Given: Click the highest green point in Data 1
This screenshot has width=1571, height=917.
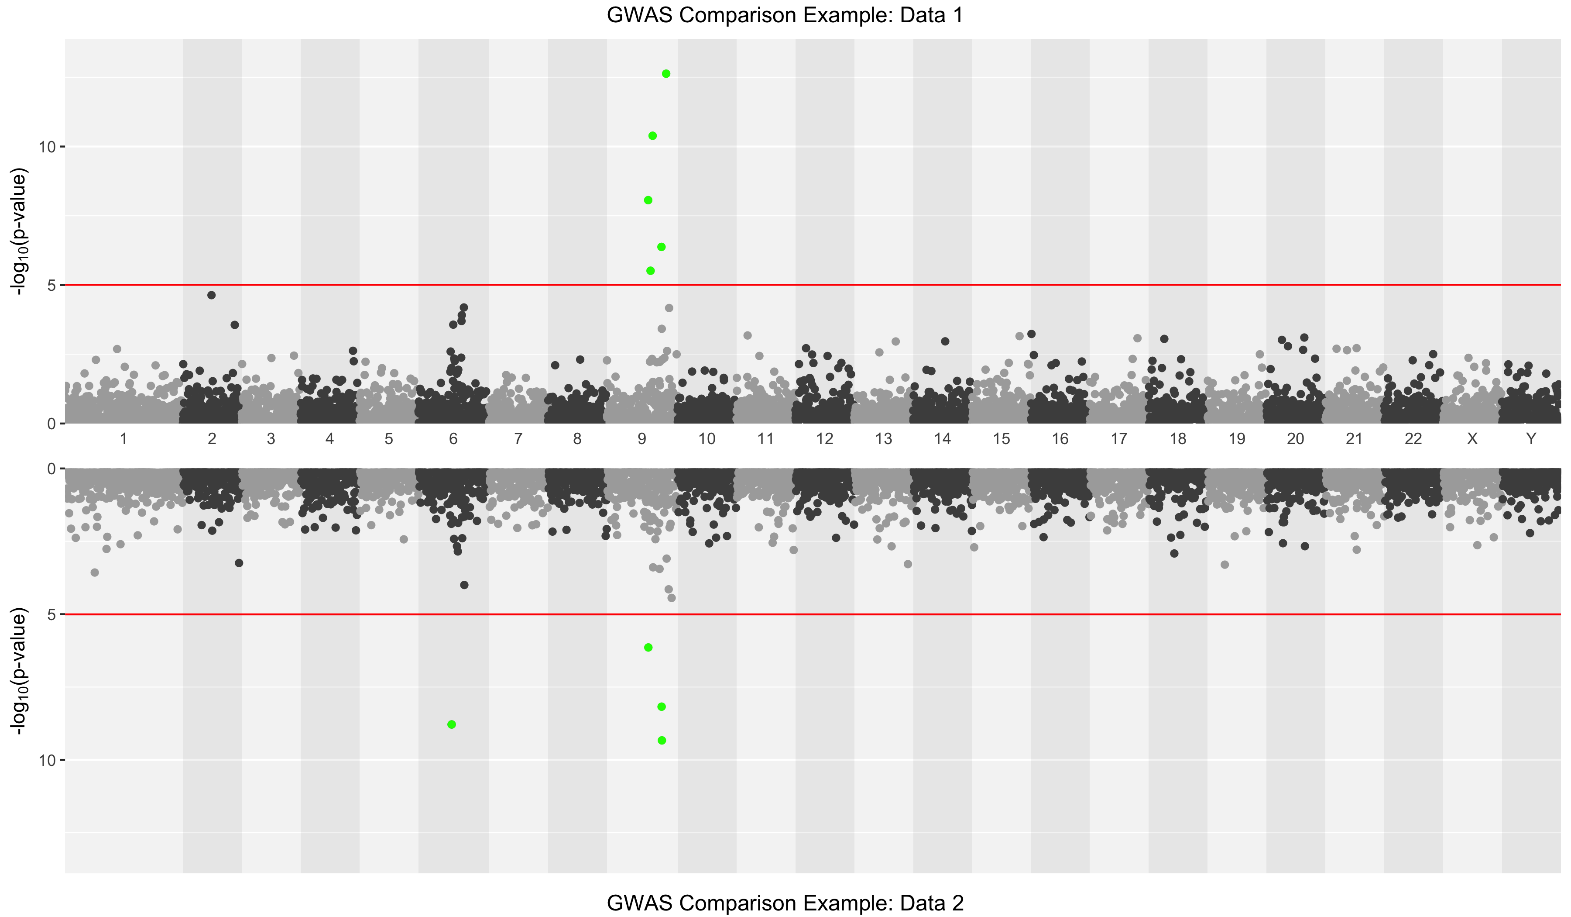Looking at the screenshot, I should click(666, 74).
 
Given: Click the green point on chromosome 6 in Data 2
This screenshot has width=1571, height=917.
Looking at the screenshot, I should click(451, 724).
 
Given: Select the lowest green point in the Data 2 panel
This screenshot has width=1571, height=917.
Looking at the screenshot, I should click(662, 741).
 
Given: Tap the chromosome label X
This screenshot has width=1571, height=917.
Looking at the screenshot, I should click(1472, 439).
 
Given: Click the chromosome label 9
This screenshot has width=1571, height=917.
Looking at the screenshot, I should click(641, 439).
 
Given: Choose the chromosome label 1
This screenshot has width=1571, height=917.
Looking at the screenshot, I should click(123, 439).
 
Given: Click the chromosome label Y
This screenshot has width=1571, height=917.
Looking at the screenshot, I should click(1530, 439).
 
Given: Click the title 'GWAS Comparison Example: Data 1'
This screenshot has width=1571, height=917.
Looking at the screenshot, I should click(785, 15).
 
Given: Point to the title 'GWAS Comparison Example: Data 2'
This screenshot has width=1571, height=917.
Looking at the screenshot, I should click(785, 903).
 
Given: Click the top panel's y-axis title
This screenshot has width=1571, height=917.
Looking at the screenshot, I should click(19, 231).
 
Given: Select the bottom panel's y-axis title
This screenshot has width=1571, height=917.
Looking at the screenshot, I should click(19, 671).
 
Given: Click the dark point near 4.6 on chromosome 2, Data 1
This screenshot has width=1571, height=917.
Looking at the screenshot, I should click(211, 295).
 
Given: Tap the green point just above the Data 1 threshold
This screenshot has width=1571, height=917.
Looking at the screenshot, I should click(650, 271).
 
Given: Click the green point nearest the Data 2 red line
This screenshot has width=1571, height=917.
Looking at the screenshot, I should click(648, 648).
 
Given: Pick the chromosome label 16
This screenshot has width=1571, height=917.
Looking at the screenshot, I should click(1060, 439).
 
